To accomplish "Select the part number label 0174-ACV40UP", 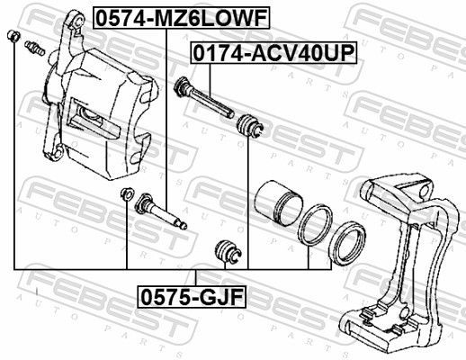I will (272, 54).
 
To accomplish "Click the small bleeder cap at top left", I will (13, 36).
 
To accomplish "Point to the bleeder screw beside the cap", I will (35, 46).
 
